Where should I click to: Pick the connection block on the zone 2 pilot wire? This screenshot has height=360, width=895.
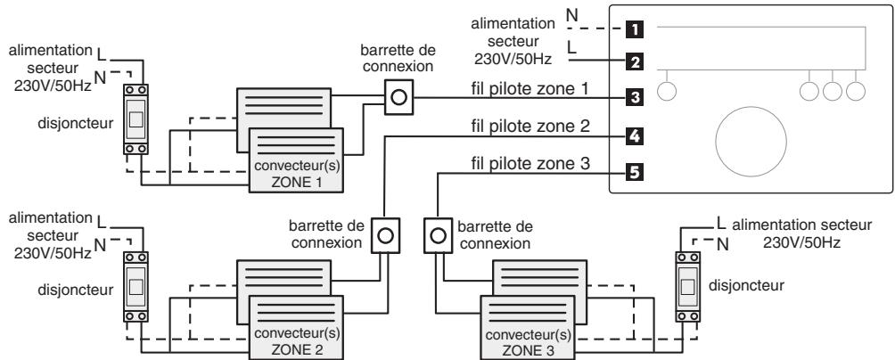(384, 237)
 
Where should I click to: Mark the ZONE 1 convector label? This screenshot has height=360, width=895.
(297, 175)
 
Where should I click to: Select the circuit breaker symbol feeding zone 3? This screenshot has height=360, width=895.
(687, 288)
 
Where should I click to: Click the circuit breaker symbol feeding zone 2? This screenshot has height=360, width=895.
(135, 288)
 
